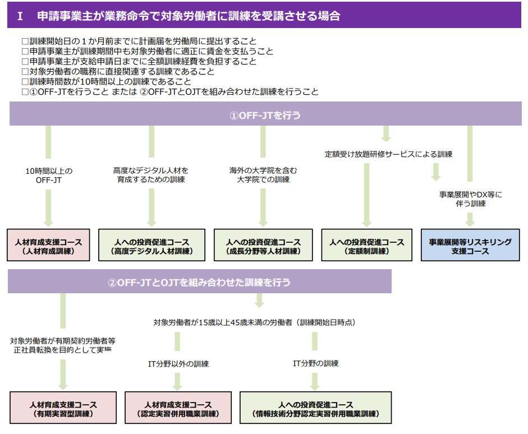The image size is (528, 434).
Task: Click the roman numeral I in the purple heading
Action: [20, 16]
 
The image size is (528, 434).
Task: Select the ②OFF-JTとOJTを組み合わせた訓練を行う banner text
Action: [199, 283]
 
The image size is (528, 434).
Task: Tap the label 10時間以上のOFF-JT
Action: [49, 175]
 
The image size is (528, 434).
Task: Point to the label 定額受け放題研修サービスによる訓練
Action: [388, 154]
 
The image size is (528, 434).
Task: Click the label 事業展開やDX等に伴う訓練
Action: [470, 199]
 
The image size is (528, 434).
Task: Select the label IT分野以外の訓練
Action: [178, 364]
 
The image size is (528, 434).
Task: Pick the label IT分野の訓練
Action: [315, 363]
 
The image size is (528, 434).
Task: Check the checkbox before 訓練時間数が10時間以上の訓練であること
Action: [24, 81]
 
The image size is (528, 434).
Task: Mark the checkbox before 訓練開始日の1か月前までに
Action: [24, 41]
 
